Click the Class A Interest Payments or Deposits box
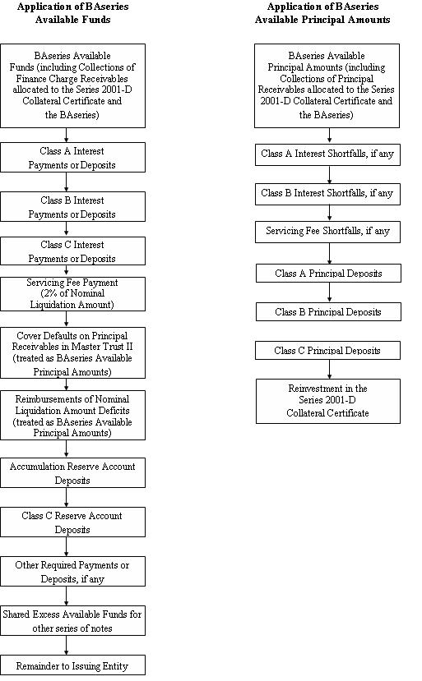point(72,158)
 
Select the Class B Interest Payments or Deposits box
point(72,207)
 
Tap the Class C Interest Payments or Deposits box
point(72,251)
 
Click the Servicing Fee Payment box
point(72,294)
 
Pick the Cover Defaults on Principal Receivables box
point(72,352)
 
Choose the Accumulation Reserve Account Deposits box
point(72,472)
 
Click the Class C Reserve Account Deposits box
point(72,522)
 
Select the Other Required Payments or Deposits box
point(72,572)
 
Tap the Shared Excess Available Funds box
point(72,621)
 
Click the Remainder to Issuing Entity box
point(72,665)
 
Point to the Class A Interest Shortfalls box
point(327,154)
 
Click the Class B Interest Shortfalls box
point(327,194)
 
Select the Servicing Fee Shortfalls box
point(327,232)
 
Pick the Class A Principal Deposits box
point(328,274)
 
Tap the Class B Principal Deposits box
point(328,312)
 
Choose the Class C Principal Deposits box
point(327,351)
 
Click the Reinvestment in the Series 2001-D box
point(328,402)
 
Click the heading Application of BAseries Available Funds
point(72,13)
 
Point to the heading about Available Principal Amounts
point(322,13)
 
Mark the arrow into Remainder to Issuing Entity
point(66,646)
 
